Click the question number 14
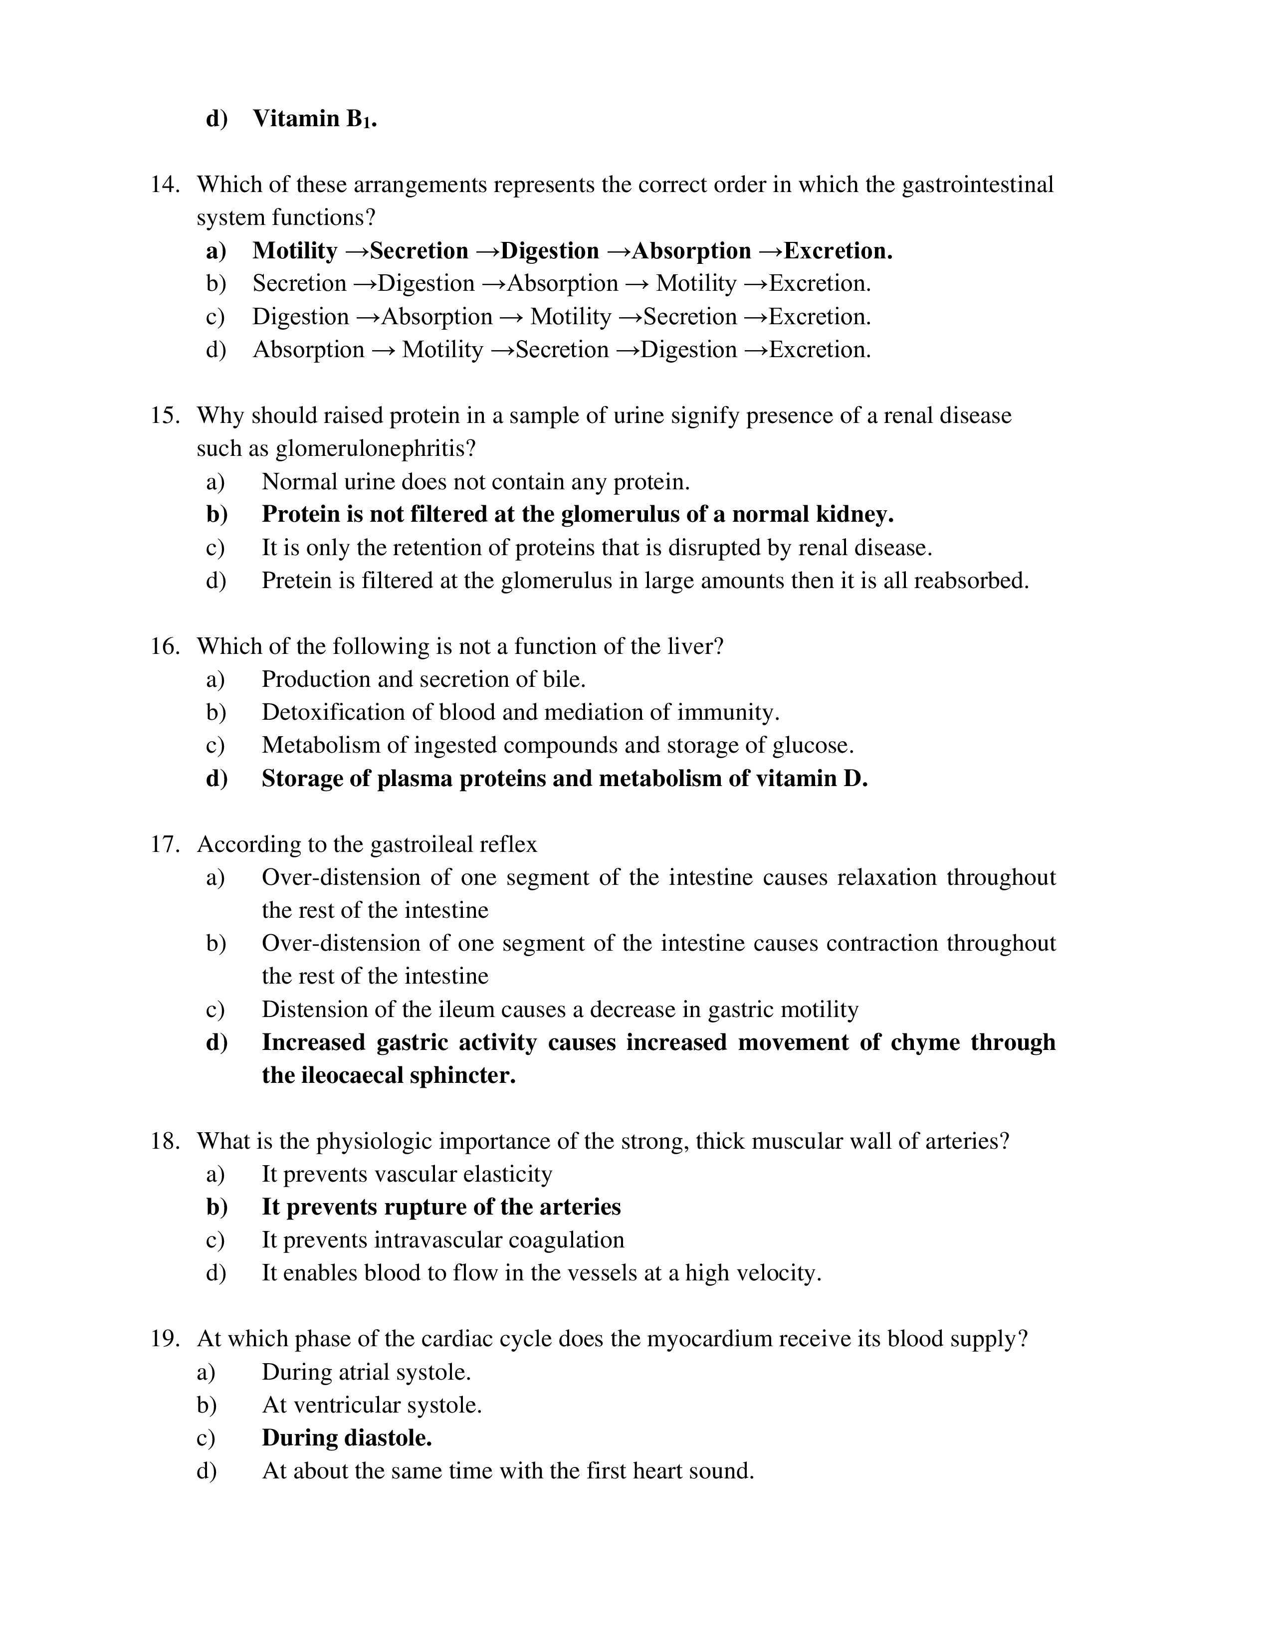[165, 185]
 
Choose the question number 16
[165, 646]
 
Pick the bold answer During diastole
[347, 1438]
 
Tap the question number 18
[165, 1141]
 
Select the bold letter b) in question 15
[217, 515]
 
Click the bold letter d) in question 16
[217, 779]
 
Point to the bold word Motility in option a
[295, 251]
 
